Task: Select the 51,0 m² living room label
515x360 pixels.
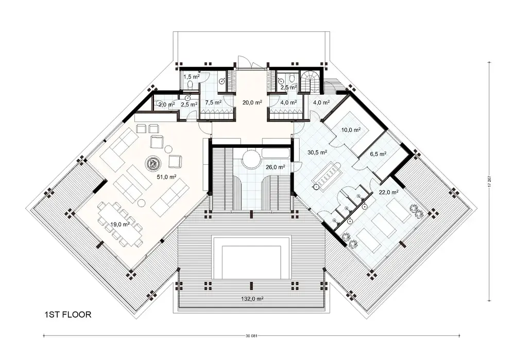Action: pos(166,177)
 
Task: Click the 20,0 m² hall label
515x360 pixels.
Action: pos(252,102)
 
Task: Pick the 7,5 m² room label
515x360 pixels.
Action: pos(213,102)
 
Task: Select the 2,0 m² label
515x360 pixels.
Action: pos(165,105)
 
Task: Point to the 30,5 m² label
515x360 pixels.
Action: pos(315,153)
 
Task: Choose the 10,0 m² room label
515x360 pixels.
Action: pos(350,129)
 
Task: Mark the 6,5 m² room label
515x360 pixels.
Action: pos(378,153)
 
